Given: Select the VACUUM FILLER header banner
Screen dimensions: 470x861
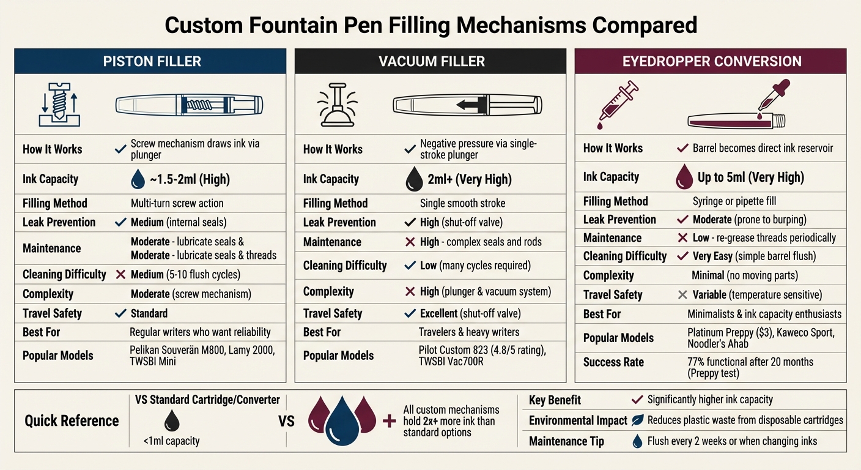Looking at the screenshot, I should [430, 61].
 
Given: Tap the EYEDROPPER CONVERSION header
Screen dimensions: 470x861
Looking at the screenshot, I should [711, 61].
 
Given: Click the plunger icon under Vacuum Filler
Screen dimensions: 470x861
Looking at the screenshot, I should [337, 105].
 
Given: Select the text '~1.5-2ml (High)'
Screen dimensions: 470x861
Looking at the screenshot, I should [190, 179].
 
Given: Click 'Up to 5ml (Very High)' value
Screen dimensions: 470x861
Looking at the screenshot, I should [750, 177].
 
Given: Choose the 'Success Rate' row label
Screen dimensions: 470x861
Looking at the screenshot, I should [613, 362].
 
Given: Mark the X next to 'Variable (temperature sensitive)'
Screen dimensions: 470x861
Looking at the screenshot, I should [682, 295].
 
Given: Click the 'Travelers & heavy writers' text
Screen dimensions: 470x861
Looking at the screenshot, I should [469, 332].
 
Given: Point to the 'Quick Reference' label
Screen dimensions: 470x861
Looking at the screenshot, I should [72, 421].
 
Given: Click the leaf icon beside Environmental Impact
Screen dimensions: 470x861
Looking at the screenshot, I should [637, 420].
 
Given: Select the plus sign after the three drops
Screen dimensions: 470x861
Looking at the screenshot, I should [388, 420].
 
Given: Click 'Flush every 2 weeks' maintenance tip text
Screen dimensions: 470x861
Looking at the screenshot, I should [732, 441].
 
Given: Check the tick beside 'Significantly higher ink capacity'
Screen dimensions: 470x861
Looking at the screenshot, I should [637, 400].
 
